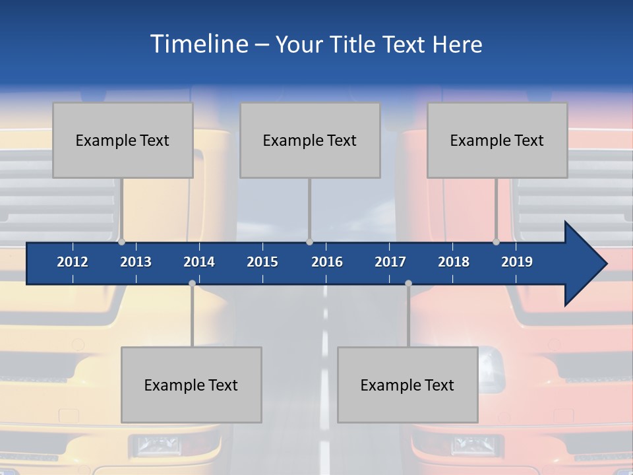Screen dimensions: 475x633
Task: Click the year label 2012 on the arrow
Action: tap(73, 262)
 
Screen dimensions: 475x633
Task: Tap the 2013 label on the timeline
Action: tap(136, 262)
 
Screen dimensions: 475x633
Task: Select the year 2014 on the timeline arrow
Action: tap(199, 262)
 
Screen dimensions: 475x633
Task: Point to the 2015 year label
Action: tap(262, 262)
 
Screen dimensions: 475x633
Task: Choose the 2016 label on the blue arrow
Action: tap(327, 262)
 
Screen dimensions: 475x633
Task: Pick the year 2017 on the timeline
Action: tap(390, 262)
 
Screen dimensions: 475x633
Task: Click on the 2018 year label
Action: tap(454, 262)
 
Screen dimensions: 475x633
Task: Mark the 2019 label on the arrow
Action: tap(517, 262)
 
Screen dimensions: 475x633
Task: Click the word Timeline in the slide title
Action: tap(199, 44)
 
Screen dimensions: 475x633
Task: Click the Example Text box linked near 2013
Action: tap(123, 140)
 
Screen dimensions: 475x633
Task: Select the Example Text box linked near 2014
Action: tap(191, 385)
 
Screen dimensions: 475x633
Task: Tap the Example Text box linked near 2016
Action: tap(310, 140)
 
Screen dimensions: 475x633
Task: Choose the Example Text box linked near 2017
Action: tap(407, 385)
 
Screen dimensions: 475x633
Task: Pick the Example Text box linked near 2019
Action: tap(497, 140)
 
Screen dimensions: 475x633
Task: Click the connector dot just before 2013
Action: tap(121, 242)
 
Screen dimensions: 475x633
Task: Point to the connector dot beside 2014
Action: tap(192, 283)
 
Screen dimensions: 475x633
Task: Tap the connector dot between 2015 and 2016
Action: tap(309, 242)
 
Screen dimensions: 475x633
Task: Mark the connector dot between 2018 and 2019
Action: tap(497, 242)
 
